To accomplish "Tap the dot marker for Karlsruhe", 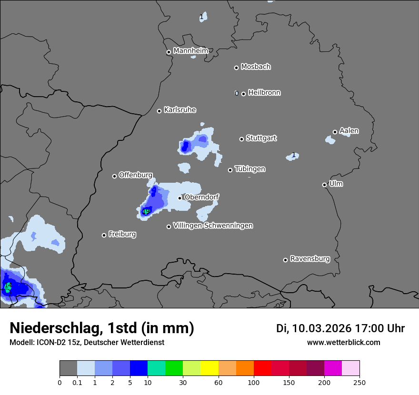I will coord(160,111).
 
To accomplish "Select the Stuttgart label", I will coord(261,138).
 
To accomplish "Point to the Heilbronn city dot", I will coord(243,94).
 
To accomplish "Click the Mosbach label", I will coord(256,67).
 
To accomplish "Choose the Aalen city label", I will coord(349,131).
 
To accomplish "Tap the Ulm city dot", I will coord(324,185).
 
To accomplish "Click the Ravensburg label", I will coord(310,259).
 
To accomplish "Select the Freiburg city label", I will coord(122,234).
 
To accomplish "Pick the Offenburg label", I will coord(136,175).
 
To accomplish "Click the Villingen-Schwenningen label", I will coord(213,226).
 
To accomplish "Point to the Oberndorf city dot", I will coord(180,198).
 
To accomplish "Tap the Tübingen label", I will coord(250,169).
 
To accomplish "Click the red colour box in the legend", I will coord(262,368).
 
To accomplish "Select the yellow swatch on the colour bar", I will coord(209,368).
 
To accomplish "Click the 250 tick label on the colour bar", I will coord(359,382).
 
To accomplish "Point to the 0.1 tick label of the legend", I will coord(77,382).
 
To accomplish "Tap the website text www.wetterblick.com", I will coord(344,342).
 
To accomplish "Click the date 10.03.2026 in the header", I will coord(321,328).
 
